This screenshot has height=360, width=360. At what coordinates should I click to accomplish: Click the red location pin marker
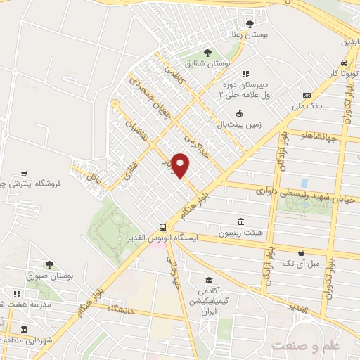pos(181,165)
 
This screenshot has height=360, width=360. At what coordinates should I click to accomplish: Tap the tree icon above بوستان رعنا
pos(250,23)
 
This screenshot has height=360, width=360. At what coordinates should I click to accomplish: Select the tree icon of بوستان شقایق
pos(207,52)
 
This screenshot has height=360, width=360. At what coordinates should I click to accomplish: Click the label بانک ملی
pos(307,106)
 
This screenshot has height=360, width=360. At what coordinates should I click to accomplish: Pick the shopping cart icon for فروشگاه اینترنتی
pos(24,173)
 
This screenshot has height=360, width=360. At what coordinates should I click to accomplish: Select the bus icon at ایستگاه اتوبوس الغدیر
pos(163,227)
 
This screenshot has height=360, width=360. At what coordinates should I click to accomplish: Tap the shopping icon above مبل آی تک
pos(301,252)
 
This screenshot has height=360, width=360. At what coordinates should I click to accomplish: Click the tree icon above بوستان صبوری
pos(49,264)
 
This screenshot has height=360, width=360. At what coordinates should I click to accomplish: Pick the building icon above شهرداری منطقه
pos(24,330)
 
